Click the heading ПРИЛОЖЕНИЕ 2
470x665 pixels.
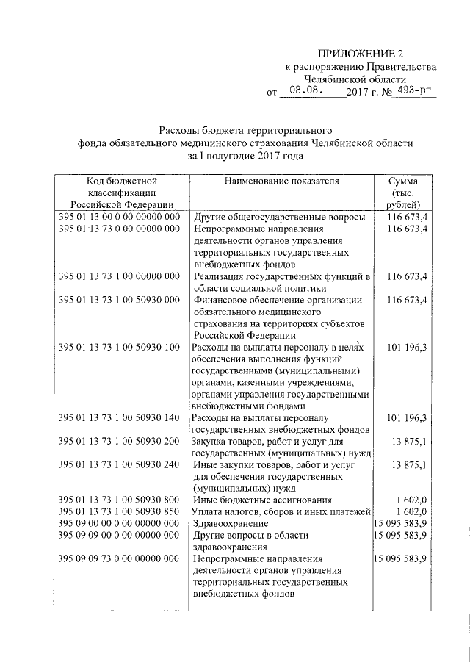pos(361,53)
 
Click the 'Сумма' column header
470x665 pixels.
pos(405,181)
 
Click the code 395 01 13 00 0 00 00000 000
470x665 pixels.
pos(119,218)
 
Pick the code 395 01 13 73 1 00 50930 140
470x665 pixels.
pos(119,418)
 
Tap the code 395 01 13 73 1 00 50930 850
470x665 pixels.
pos(119,511)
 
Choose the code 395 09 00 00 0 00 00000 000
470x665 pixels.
pos(119,522)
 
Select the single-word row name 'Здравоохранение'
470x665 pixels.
pos(228,522)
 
